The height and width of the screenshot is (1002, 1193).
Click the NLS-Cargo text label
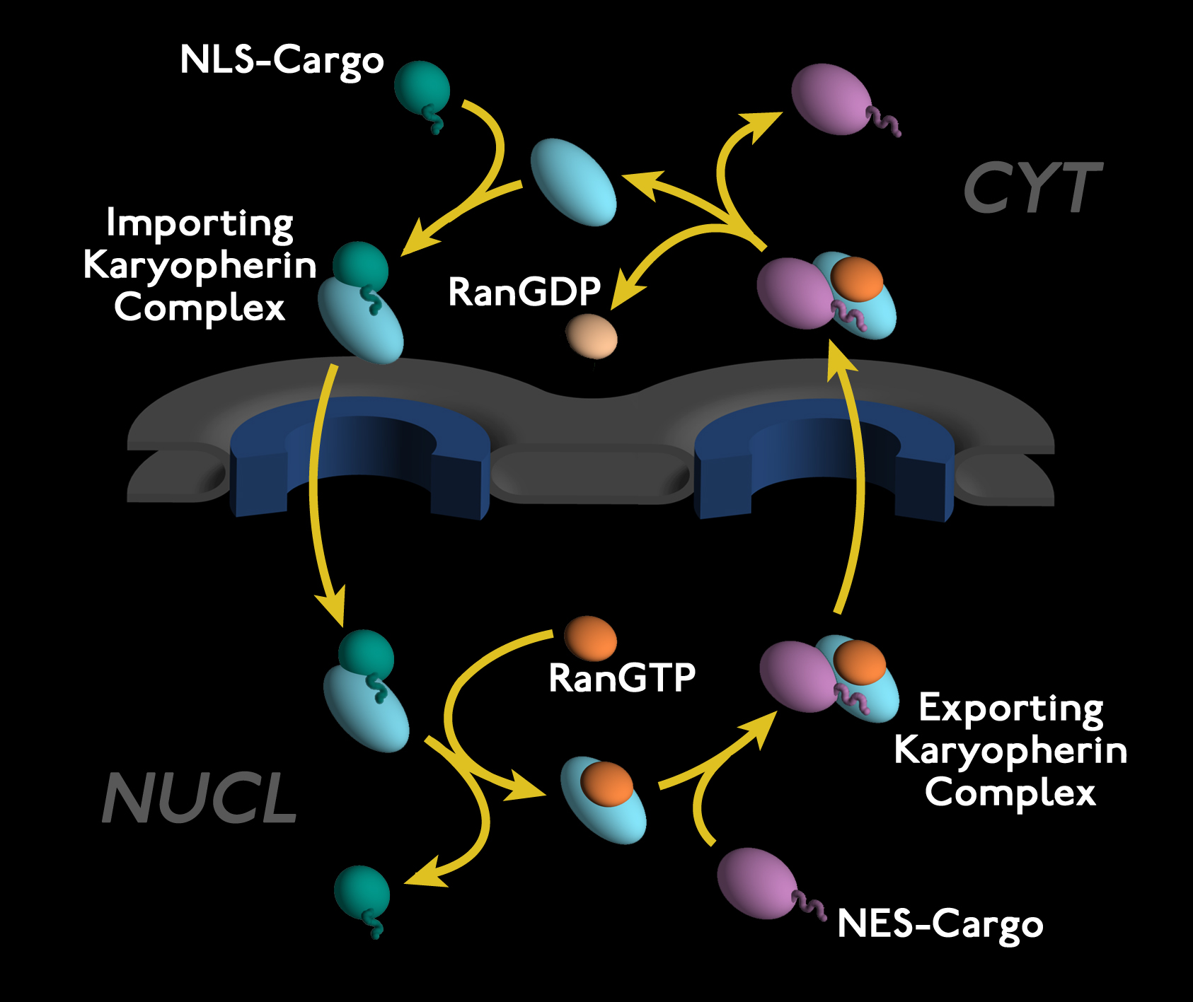point(282,61)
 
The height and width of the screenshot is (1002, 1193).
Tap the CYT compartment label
point(1032,187)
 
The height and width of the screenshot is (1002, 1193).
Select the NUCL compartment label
point(200,798)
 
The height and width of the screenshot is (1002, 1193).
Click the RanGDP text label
point(524,291)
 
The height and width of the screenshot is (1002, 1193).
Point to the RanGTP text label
point(622,677)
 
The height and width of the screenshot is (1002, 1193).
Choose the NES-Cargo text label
point(940,924)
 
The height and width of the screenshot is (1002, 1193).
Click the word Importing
point(200,224)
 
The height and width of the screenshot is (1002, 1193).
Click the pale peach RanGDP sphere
point(592,337)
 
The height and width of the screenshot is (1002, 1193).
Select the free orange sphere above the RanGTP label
point(591,639)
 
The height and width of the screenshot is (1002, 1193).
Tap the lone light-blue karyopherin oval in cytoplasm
point(573,182)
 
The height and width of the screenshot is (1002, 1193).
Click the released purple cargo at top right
point(831,99)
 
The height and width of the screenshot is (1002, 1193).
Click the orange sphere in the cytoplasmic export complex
point(857,279)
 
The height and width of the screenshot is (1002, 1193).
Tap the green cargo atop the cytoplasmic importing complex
point(361,267)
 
